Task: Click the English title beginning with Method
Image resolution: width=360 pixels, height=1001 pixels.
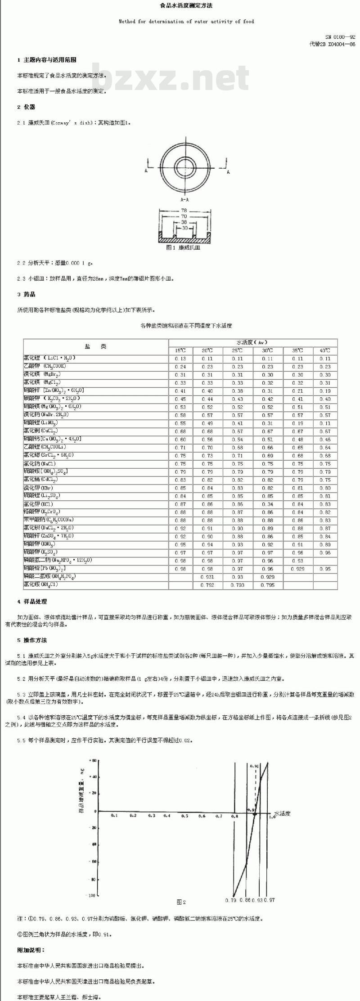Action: click(186, 21)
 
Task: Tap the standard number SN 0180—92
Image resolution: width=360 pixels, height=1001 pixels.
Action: click(340, 37)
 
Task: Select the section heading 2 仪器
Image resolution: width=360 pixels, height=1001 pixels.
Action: click(26, 107)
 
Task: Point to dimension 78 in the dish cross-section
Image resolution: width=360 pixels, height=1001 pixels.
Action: click(184, 211)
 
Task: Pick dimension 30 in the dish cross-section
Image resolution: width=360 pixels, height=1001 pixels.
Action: click(184, 228)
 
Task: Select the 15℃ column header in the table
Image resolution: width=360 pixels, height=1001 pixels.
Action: click(180, 350)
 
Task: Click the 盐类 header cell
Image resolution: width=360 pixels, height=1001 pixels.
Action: click(95, 346)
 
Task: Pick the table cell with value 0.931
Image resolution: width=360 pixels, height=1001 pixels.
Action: click(207, 577)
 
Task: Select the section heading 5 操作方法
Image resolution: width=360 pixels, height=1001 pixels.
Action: click(32, 640)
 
